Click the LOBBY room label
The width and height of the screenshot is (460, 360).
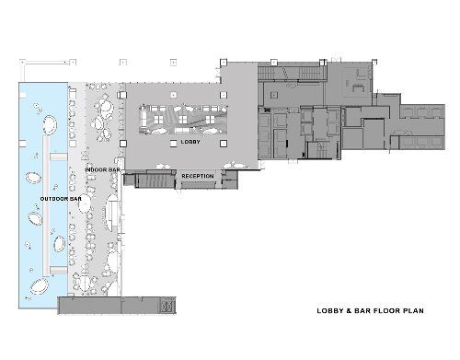click(190, 142)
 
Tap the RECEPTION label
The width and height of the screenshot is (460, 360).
click(198, 176)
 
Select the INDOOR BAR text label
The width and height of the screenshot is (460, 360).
click(102, 169)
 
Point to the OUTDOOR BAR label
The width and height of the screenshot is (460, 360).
click(61, 199)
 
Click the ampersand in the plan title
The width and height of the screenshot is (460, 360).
click(349, 311)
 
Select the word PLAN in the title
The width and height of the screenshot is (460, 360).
click(413, 311)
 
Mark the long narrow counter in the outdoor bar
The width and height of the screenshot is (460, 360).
click(46, 206)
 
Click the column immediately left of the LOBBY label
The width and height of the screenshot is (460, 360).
click(174, 144)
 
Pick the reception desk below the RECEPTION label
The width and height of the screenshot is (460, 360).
click(198, 184)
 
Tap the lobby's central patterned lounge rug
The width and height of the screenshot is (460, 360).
click(183, 120)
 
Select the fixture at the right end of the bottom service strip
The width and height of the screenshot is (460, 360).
click(167, 306)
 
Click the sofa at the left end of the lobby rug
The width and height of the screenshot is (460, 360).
click(144, 119)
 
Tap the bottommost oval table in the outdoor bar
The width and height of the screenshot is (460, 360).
click(39, 286)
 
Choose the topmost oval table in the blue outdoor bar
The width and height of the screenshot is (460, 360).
click(50, 125)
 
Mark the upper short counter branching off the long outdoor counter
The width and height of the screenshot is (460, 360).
click(59, 157)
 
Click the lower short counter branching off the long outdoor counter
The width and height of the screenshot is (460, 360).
click(59, 270)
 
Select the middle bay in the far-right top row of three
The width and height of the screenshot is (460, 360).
click(422, 112)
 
